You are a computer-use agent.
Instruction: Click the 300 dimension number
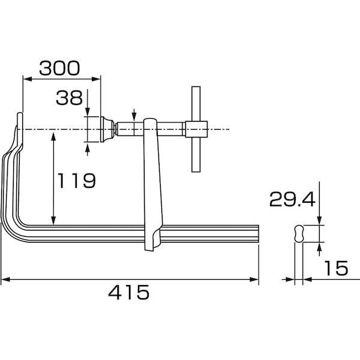(59, 68)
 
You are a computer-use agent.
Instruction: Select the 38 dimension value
(69, 98)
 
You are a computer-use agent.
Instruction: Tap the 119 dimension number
(76, 181)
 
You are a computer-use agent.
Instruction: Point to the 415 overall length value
(129, 292)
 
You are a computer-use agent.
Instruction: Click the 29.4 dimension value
(292, 199)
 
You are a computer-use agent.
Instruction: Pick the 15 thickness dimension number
(336, 268)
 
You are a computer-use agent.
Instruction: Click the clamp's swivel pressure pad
(107, 130)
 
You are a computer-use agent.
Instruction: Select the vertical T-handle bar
(196, 129)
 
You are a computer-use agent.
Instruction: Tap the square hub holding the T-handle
(196, 129)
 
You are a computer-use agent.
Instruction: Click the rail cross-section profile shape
(299, 233)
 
